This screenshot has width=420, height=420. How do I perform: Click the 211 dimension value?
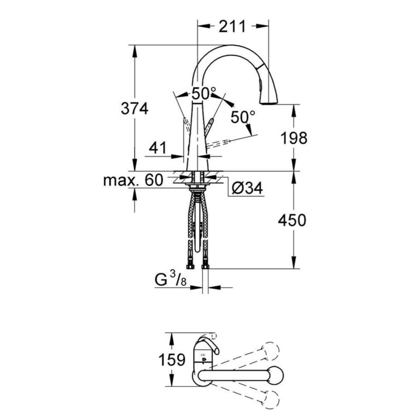pyautogui.click(x=232, y=25)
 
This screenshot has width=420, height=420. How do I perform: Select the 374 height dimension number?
pyautogui.click(x=134, y=108)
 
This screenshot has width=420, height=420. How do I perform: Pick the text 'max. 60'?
pyautogui.click(x=133, y=180)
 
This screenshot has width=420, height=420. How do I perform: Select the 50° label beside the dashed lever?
pyautogui.click(x=243, y=116)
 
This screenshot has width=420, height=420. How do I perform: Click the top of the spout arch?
pyautogui.click(x=230, y=47)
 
